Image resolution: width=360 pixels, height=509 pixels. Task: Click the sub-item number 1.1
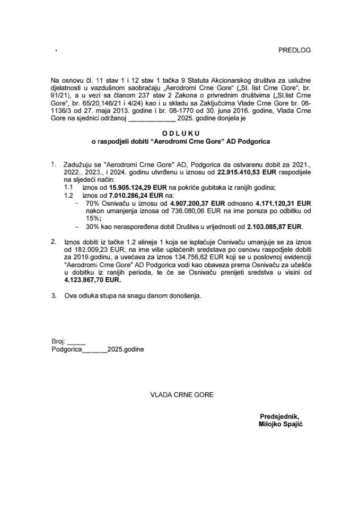pyautogui.click(x=68, y=188)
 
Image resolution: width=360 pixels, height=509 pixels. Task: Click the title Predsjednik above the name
pyautogui.click(x=280, y=416)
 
